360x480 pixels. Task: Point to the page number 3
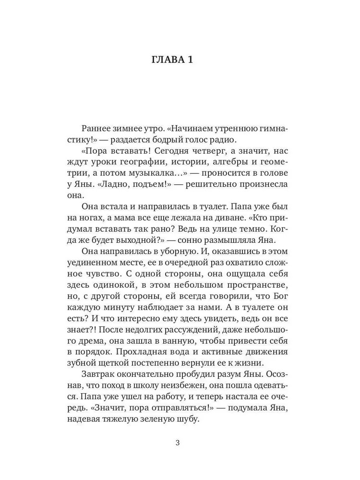(x=178, y=443)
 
